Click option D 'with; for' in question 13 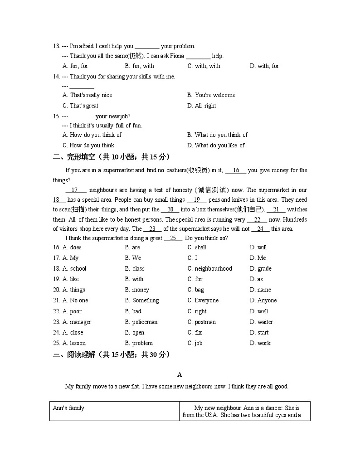pos(265,66)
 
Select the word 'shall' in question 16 pos(200,248)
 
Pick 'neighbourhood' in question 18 pos(213,269)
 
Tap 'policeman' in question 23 pos(145,322)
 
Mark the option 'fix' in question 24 pos(198,333)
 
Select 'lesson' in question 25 pos(78,344)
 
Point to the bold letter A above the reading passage pos(180,375)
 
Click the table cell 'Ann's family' pos(68,408)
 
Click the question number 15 pos(56,116)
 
